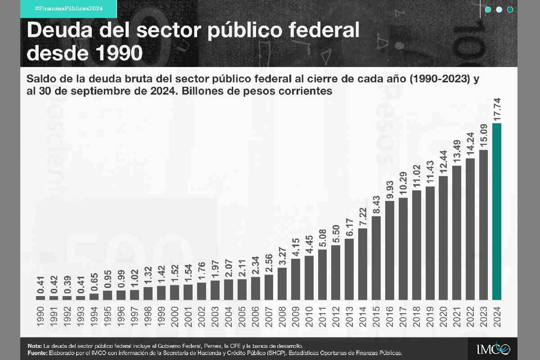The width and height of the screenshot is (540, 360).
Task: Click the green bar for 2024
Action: (497, 211)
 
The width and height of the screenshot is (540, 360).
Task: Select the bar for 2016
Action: (390, 250)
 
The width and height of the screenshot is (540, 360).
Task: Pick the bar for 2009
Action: (296, 279)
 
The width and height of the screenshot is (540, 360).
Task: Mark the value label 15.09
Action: (484, 134)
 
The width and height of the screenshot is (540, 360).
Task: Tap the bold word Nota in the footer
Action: (34, 345)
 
